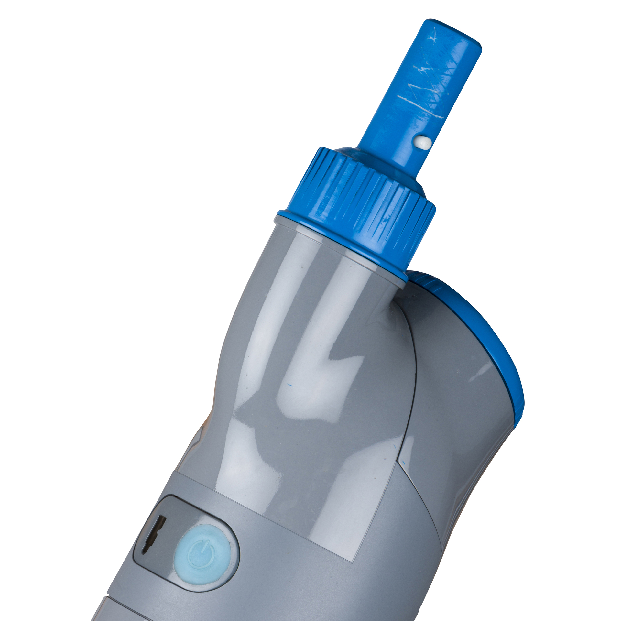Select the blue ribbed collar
click(x=359, y=207)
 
